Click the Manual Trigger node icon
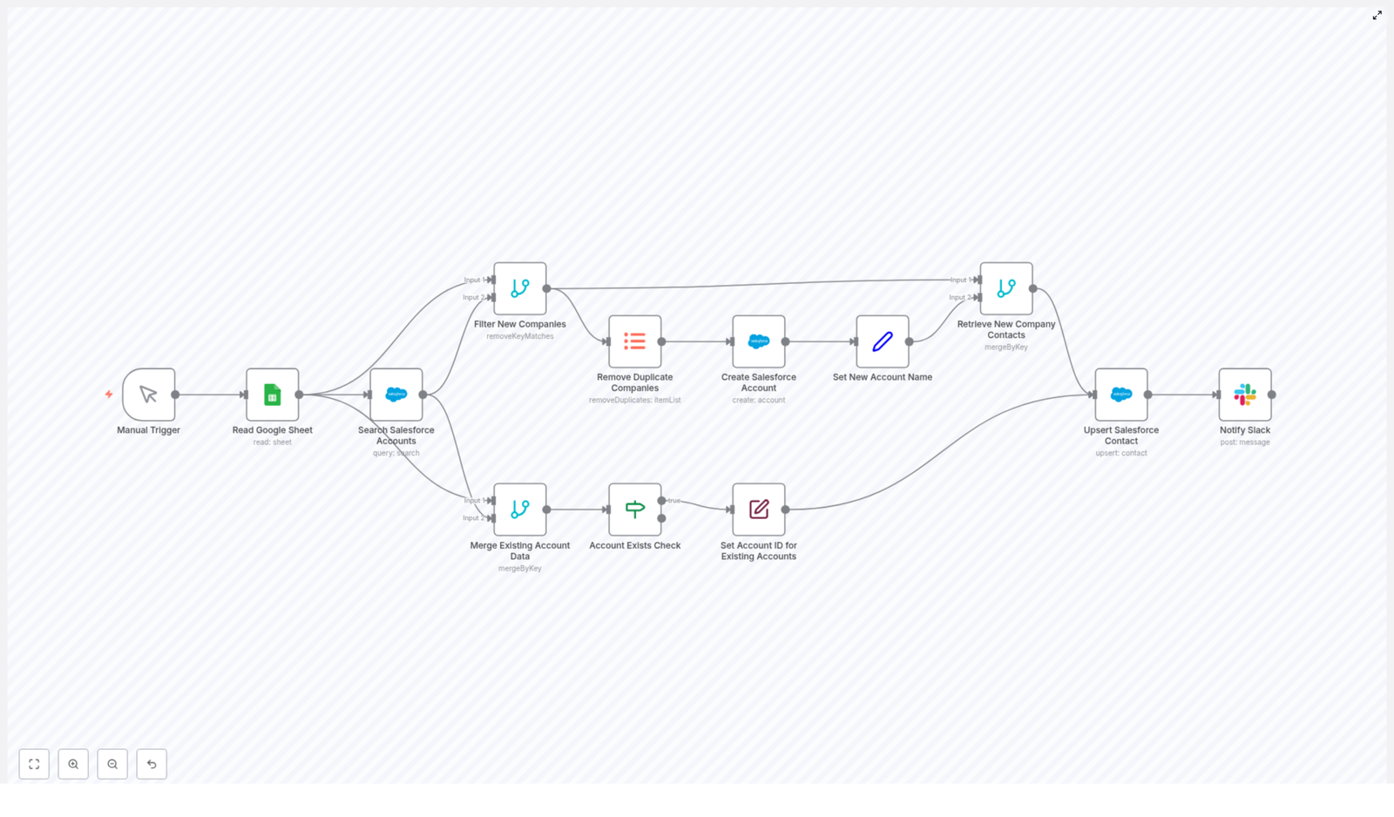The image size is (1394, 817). coord(148,395)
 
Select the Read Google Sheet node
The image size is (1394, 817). coord(272,395)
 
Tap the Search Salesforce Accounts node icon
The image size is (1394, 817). coord(396,395)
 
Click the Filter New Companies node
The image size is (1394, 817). coord(520,288)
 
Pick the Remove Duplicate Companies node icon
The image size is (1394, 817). coord(635,341)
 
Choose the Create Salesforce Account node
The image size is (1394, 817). coord(759,341)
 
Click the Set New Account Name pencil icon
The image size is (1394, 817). coord(883,341)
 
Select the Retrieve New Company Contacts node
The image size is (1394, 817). coord(1006,288)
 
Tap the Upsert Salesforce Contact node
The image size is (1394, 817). coord(1121,395)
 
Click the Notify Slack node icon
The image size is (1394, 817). coord(1245,395)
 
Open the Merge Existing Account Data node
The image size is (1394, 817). coord(520,510)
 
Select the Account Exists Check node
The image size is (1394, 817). coord(635,510)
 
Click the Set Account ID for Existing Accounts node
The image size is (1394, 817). coord(759,510)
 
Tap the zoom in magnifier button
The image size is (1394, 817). coord(73,764)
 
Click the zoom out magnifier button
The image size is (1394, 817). coord(112,764)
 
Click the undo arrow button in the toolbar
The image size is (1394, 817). coord(152,764)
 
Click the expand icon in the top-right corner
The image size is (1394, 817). coord(1377,15)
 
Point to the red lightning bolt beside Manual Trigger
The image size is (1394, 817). coord(109,395)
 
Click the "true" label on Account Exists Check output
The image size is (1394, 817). coord(674,501)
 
